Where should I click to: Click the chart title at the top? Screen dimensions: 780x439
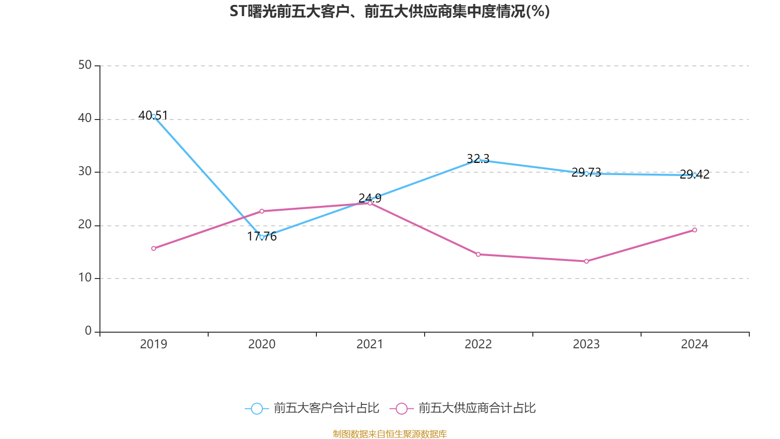(390, 12)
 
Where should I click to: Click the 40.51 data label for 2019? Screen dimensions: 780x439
(153, 115)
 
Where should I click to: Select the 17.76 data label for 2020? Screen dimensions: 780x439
(262, 236)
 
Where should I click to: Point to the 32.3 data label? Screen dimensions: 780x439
(478, 159)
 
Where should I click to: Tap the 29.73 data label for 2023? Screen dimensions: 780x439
(586, 173)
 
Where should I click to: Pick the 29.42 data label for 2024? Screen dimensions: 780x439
(695, 174)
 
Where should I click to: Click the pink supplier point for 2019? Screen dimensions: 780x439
(154, 248)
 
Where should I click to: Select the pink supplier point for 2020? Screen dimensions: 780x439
(262, 211)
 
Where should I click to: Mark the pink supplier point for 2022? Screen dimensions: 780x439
(478, 254)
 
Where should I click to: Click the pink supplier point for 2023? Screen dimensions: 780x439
(586, 261)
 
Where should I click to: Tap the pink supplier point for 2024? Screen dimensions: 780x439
(695, 230)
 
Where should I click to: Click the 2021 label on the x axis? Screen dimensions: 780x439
(370, 344)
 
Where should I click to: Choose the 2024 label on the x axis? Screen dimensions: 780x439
(695, 344)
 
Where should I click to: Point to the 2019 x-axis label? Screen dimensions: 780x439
(154, 344)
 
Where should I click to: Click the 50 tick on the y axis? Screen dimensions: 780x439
(85, 65)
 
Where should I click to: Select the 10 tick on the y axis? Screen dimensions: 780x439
(85, 278)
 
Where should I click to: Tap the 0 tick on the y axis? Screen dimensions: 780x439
(88, 331)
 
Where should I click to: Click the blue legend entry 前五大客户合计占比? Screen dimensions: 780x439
(312, 408)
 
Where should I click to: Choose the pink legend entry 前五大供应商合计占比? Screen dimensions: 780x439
(463, 408)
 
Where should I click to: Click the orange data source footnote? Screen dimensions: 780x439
(390, 434)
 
